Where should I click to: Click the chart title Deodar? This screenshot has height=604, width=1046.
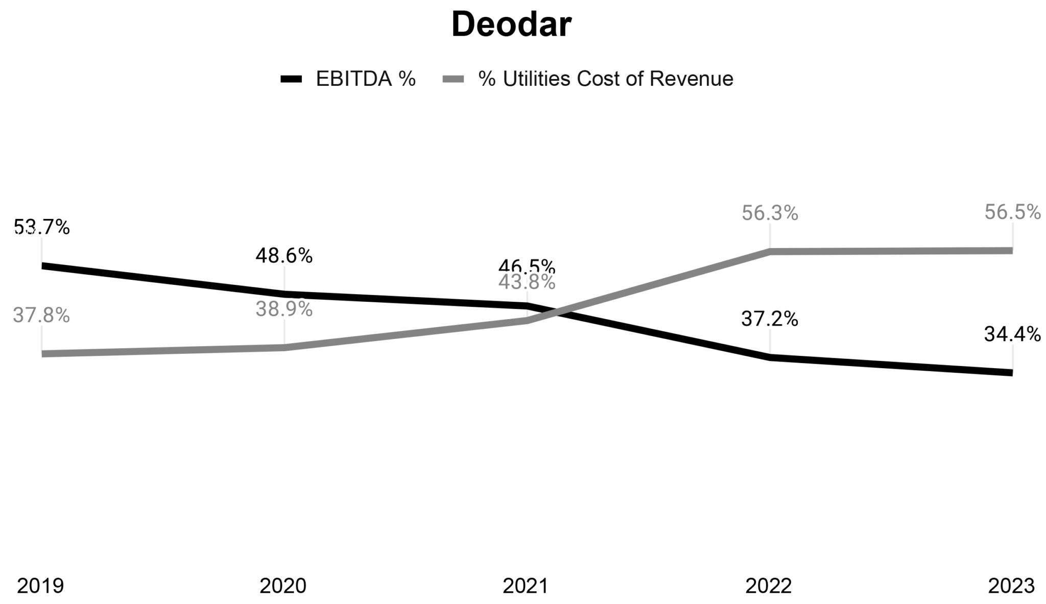click(511, 25)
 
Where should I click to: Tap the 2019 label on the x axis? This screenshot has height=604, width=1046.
click(40, 586)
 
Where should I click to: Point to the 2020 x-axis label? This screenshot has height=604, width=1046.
click(283, 586)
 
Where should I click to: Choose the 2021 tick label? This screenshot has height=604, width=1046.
click(526, 586)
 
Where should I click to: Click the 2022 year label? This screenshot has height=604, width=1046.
click(769, 586)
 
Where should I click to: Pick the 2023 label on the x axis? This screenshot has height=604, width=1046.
click(1011, 586)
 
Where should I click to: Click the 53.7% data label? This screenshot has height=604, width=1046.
click(41, 227)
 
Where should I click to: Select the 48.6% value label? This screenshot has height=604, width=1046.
click(284, 255)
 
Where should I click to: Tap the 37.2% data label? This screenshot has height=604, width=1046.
click(770, 319)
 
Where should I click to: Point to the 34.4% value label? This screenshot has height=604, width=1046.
click(1012, 334)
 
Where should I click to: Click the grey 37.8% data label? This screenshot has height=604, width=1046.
click(41, 315)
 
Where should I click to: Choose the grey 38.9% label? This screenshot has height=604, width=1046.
click(284, 309)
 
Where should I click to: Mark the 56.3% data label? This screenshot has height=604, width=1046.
click(770, 213)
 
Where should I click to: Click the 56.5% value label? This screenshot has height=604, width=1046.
click(1012, 212)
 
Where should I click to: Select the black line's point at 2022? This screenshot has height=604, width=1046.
click(770, 357)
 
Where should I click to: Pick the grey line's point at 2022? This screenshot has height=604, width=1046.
click(770, 251)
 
